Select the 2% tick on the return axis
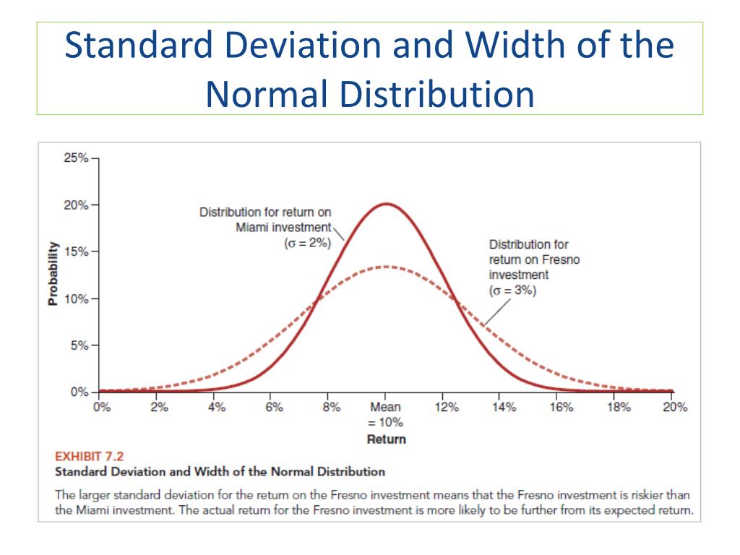point(159,408)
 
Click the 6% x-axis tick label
point(274,408)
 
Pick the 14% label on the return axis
point(504,408)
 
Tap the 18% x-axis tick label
point(619,408)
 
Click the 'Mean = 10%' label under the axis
point(386,415)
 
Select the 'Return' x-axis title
point(386,439)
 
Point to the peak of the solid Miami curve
point(387,204)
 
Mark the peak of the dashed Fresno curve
point(387,267)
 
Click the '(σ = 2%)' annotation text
point(308,243)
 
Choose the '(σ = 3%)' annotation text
point(513,291)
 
